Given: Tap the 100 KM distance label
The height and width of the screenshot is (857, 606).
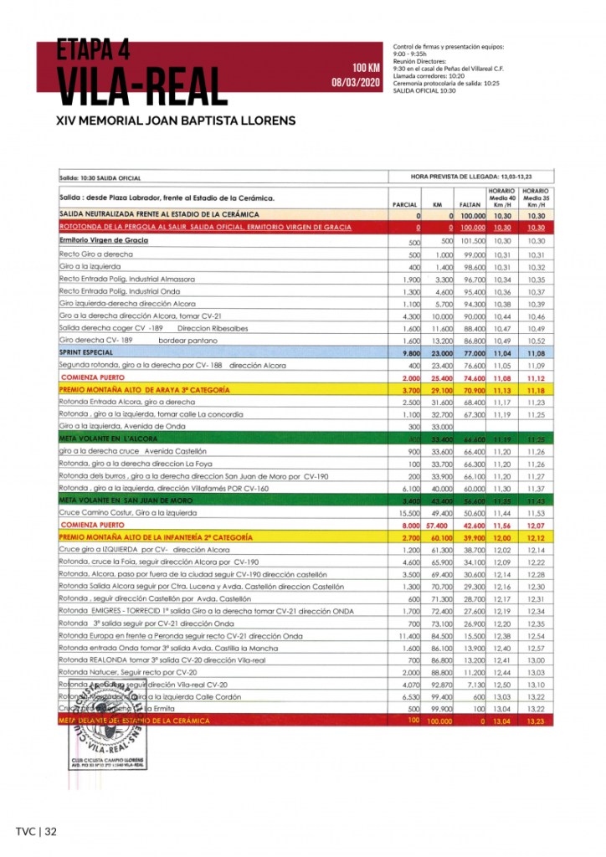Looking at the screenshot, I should [366, 67].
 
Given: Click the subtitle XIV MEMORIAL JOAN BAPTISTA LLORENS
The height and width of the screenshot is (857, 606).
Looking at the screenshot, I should [175, 121].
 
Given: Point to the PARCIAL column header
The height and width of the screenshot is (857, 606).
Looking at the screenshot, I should [405, 204].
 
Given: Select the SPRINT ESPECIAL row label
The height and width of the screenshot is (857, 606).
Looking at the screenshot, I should [86, 354].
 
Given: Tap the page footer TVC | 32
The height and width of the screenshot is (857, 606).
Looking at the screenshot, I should [35, 831].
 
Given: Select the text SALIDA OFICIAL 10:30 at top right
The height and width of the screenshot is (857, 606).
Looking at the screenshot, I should [424, 90].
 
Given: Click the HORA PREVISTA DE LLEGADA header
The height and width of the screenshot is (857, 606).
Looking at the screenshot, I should [471, 177].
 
